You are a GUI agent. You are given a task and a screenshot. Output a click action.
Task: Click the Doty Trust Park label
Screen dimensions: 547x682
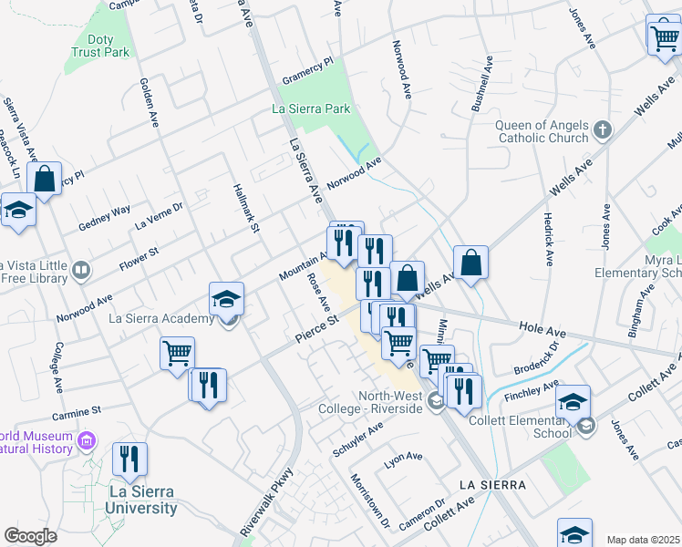(100, 46)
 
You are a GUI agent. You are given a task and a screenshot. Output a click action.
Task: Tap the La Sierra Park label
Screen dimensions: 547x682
(312, 108)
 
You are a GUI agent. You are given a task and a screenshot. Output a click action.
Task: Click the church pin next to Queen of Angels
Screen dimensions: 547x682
(602, 130)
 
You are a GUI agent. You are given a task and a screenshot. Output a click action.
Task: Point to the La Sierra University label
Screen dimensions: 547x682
(129, 501)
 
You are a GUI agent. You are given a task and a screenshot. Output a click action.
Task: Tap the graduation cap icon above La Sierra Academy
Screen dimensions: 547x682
(226, 298)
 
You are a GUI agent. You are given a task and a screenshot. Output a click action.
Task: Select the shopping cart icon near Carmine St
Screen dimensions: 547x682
(177, 353)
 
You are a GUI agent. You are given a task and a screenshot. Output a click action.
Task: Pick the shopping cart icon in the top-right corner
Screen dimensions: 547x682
(663, 36)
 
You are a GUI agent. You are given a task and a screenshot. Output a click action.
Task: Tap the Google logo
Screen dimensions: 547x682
(30, 536)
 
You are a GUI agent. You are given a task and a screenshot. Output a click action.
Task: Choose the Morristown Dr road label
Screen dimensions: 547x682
(370, 500)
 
